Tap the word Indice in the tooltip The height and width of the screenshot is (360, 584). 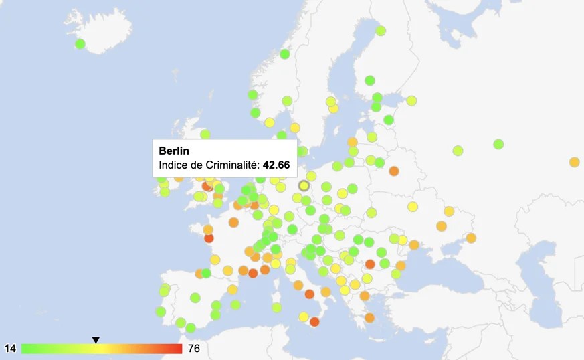[173, 165]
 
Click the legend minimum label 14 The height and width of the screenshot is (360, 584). [10, 349]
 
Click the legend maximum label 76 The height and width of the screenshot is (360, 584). [193, 349]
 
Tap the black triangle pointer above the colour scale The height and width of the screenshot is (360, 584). [96, 340]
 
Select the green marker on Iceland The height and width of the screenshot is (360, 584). [80, 44]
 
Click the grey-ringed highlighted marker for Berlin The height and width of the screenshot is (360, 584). [304, 185]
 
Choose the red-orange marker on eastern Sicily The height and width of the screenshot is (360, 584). [315, 322]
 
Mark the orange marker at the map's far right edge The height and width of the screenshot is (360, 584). [574, 162]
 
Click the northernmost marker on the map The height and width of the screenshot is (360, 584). [381, 31]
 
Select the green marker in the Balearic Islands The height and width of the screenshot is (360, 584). [235, 305]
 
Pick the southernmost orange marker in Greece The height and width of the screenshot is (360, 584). [369, 318]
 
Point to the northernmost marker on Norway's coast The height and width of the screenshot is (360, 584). [284, 54]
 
